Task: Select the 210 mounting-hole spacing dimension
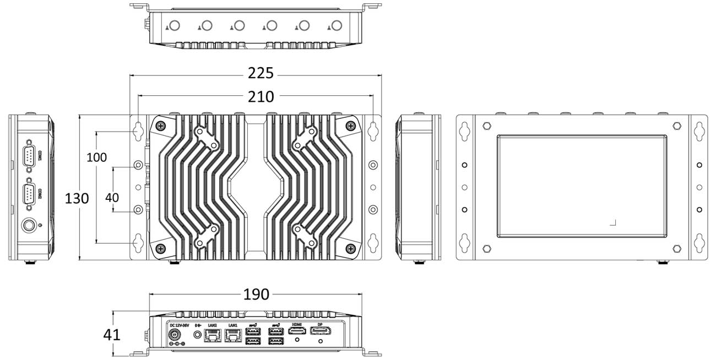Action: (x=260, y=96)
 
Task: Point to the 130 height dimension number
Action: (x=77, y=198)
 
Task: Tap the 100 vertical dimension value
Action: (x=97, y=157)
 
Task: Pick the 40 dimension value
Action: (x=112, y=197)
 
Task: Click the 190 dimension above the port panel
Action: (x=256, y=295)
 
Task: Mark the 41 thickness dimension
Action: (x=112, y=334)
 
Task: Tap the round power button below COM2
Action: (x=29, y=226)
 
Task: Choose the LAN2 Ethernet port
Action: (x=211, y=334)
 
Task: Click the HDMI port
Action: (x=297, y=331)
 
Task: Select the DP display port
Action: (x=321, y=331)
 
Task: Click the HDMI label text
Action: (x=297, y=324)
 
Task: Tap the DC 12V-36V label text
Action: (x=179, y=325)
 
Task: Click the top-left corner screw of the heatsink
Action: (x=160, y=126)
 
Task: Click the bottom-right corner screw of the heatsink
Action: (x=350, y=249)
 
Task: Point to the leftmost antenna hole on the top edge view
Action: (x=175, y=25)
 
